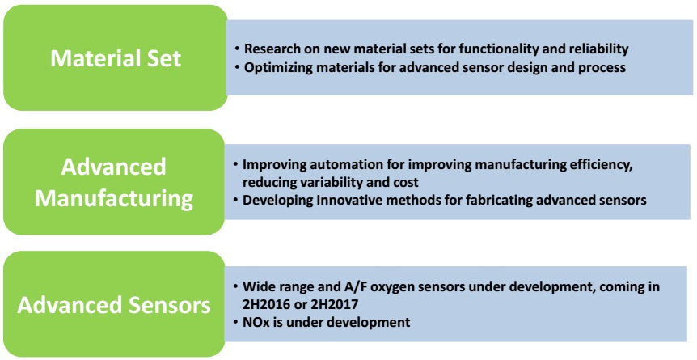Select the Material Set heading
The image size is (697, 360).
[x=116, y=58]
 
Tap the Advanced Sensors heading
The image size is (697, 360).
[x=114, y=306]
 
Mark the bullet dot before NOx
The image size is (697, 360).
[x=236, y=322]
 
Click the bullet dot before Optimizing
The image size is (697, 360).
[x=239, y=68]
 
